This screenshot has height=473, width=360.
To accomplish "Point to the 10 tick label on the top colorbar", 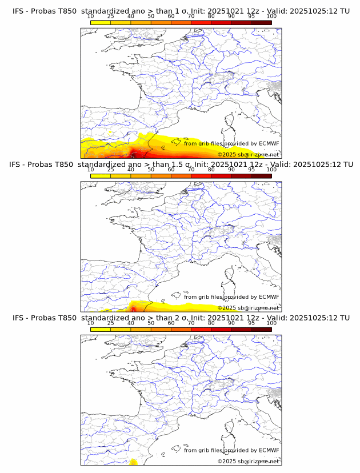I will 90,16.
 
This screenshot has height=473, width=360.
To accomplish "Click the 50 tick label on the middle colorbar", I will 151,170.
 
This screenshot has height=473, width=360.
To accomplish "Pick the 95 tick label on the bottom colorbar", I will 251,323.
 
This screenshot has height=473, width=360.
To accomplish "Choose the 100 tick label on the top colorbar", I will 271,16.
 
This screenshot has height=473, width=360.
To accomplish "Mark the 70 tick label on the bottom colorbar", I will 191,323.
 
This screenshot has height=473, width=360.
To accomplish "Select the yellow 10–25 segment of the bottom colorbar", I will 101,330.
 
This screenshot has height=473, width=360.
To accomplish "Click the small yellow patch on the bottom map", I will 133,462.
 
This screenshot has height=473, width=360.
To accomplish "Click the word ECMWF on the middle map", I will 269,297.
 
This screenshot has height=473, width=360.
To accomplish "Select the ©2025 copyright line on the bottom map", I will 248,461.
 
